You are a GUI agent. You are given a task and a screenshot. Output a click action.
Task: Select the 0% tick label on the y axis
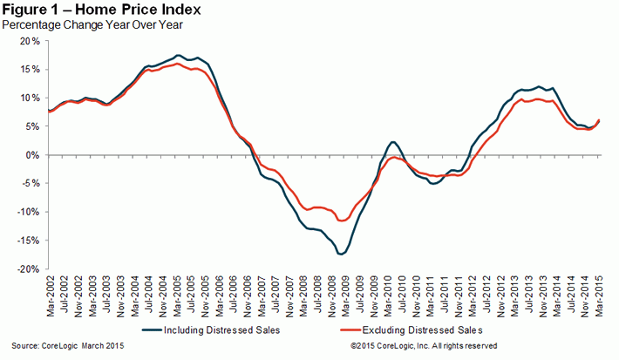point(33,155)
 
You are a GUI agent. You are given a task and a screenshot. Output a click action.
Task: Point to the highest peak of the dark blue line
point(178,56)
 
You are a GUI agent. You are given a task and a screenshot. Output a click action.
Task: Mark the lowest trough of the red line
point(343,221)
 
